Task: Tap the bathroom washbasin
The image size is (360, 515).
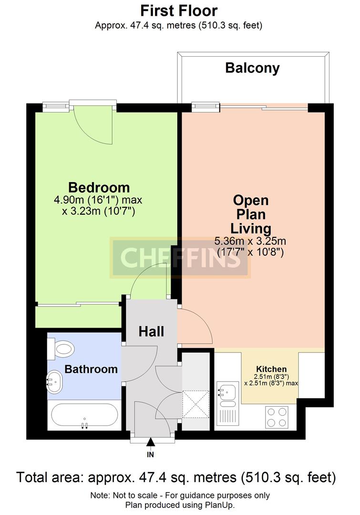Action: point(54,382)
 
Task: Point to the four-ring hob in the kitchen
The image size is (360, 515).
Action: point(277,417)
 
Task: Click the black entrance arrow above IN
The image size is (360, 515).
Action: point(151,442)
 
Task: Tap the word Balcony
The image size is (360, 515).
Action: point(252,68)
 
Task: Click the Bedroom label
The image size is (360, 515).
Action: point(99,187)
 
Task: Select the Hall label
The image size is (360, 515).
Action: point(151,331)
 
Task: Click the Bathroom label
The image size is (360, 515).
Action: point(91,369)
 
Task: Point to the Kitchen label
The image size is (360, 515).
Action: point(271,369)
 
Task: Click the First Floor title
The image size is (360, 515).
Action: point(179,10)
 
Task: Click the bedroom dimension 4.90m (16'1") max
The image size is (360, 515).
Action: point(98,200)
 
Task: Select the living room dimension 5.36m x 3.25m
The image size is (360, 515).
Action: point(250,241)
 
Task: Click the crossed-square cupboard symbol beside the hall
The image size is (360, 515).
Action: point(196,404)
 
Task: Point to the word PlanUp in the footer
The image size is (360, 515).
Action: point(221,505)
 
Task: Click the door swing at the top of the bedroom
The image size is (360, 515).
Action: point(93,125)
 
